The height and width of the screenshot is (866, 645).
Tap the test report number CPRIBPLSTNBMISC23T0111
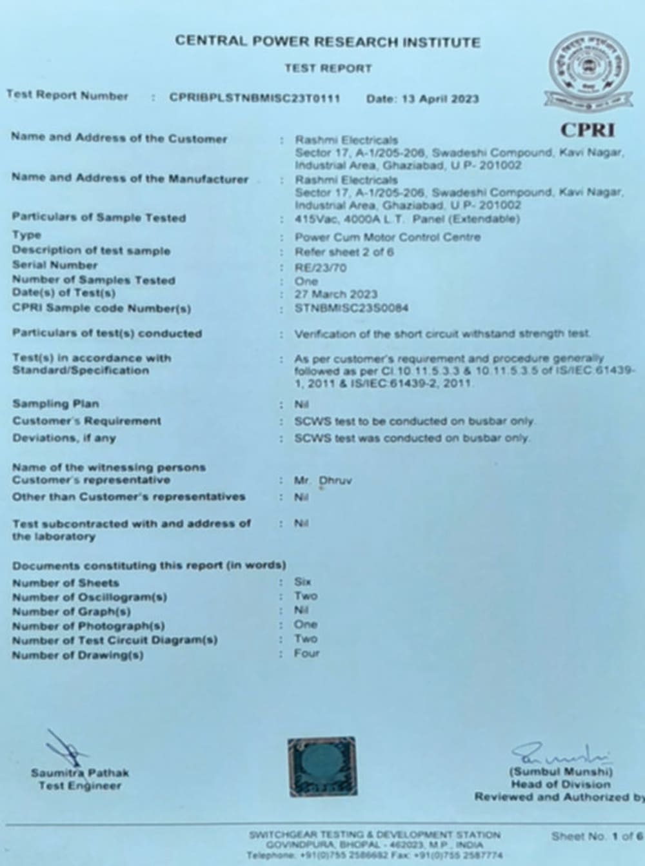pos(254,98)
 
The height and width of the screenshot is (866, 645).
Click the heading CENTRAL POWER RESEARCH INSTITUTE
pos(328,42)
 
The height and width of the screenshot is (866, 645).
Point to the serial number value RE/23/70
pos(321,267)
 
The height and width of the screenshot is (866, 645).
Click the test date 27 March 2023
pos(335,294)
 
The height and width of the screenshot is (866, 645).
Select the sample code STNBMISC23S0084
pos(351,308)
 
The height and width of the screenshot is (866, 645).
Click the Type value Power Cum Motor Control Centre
pos(388,237)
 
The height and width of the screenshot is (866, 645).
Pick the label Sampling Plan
pos(55,404)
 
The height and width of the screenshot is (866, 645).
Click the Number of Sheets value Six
pos(303,582)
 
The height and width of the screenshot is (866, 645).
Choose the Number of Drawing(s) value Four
pos(306,653)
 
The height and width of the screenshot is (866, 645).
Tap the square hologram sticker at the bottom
pos(322,765)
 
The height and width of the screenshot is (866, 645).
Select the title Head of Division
pos(560,784)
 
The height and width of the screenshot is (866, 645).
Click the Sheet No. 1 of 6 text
pos(597,836)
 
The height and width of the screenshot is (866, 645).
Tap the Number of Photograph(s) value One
pos(305,624)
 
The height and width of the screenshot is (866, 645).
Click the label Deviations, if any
pos(64,438)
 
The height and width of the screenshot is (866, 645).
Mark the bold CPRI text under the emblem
pos(587,130)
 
